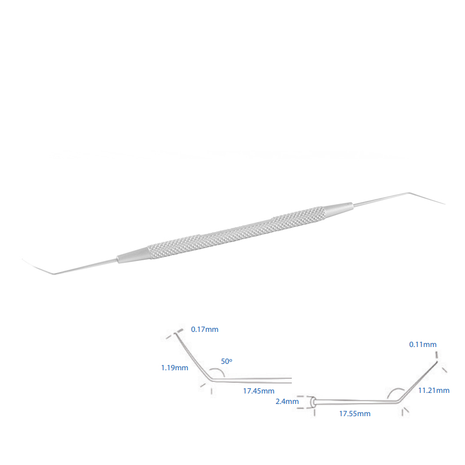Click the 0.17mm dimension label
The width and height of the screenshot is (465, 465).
tap(205, 330)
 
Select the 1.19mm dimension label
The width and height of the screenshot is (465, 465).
tap(174, 368)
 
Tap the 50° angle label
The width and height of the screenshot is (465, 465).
tap(227, 362)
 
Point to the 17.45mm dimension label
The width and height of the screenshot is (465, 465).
tap(257, 392)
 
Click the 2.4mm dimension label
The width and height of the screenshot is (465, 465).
tap(287, 401)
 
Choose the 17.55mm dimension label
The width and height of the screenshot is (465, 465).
tap(355, 414)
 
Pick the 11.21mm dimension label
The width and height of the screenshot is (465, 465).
tap(434, 390)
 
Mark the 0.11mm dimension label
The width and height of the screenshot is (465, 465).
tap(423, 345)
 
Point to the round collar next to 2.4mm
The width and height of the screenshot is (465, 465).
tap(314, 402)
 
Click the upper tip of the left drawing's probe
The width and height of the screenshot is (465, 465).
tap(177, 332)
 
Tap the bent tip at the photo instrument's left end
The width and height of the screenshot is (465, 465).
tap(38, 268)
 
